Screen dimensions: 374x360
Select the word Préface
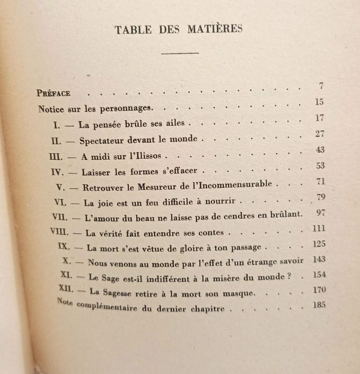coord(53,93)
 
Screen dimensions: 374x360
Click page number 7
coord(321,86)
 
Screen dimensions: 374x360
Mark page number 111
coord(320,229)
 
